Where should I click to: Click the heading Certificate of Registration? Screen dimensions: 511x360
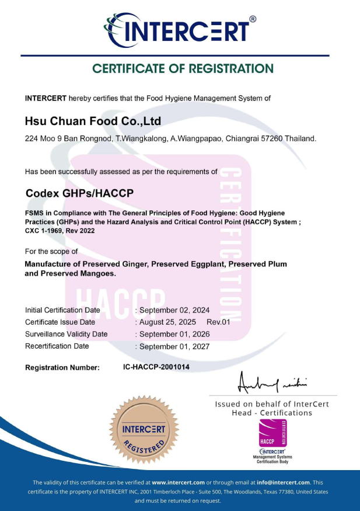pyautogui.click(x=183, y=69)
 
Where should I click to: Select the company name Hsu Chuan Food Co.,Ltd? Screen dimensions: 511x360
pyautogui.click(x=93, y=121)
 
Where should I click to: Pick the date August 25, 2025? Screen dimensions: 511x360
pyautogui.click(x=169, y=322)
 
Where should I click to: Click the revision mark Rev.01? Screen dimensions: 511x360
pyautogui.click(x=219, y=322)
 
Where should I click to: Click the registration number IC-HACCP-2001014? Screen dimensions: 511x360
pyautogui.click(x=156, y=367)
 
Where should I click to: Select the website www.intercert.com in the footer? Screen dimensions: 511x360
pyautogui.click(x=178, y=482)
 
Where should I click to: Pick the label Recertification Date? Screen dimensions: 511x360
pyautogui.click(x=57, y=346)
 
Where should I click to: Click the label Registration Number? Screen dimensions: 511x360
pyautogui.click(x=62, y=367)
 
